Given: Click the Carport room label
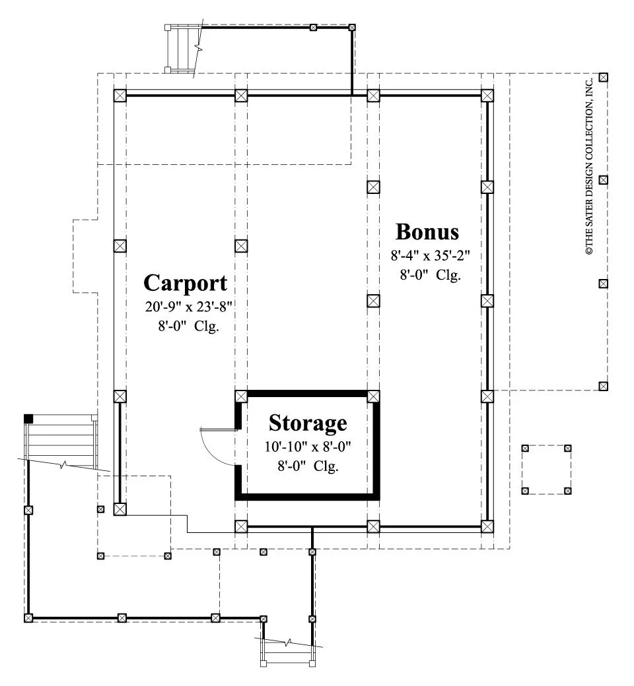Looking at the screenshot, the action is click(186, 283).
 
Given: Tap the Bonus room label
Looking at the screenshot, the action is click(427, 232).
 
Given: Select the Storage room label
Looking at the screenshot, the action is click(308, 423).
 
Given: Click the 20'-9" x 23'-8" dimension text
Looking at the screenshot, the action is click(188, 307).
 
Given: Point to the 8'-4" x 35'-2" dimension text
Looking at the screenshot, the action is click(430, 255).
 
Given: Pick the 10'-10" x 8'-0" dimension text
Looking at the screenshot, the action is click(308, 447).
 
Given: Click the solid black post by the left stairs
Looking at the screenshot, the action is click(28, 419).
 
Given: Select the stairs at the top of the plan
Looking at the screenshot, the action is click(182, 49).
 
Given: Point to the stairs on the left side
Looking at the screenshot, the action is click(61, 437).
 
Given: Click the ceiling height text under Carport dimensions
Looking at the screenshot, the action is click(188, 327).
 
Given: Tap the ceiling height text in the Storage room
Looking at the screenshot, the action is click(308, 466).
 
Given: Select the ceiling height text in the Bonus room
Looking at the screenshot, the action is click(430, 275).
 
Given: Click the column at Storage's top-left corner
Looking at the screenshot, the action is click(241, 396).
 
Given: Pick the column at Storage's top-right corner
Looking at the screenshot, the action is click(373, 396).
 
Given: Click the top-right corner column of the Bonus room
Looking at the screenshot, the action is click(487, 96).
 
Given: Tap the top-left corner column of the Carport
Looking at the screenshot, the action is click(120, 96).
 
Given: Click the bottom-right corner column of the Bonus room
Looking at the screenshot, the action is click(487, 526).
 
